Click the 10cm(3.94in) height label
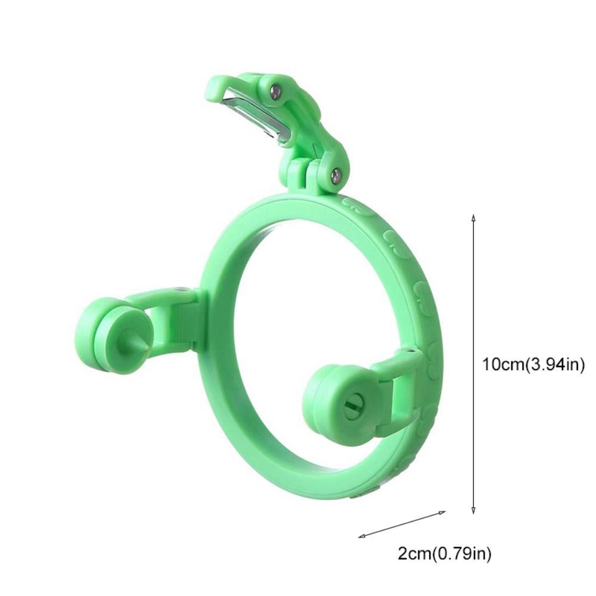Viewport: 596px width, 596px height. coord(533,364)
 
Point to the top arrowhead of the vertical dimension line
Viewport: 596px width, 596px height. coord(473,217)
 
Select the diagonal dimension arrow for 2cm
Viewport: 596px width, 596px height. coord(402,524)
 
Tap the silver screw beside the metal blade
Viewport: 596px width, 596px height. coord(275,91)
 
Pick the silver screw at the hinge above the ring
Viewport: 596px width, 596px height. coord(336,175)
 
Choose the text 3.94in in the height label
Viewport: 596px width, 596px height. coord(554,364)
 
